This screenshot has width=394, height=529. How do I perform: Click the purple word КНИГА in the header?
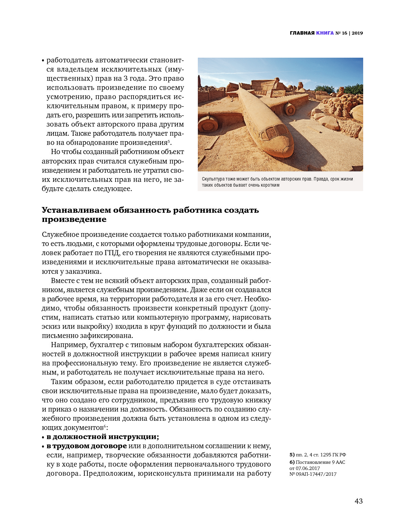click(x=325, y=33)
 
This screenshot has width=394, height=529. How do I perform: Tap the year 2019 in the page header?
click(x=357, y=33)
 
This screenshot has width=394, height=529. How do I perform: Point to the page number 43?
click(x=358, y=501)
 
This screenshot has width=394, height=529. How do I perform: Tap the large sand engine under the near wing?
click(x=207, y=125)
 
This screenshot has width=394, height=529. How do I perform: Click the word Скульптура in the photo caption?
click(x=213, y=179)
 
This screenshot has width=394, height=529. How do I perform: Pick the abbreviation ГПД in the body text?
click(x=111, y=253)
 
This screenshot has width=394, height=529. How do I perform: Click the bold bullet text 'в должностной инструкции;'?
click(x=103, y=437)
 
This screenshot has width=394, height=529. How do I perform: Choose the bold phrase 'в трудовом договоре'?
click(x=86, y=446)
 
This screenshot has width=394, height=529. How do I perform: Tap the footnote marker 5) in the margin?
click(x=292, y=455)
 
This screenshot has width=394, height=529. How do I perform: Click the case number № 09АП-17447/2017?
click(x=313, y=474)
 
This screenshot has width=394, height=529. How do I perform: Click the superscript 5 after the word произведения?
click(x=168, y=141)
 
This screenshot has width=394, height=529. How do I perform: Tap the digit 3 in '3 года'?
click(x=125, y=78)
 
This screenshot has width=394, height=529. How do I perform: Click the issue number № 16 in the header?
click(x=341, y=33)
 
